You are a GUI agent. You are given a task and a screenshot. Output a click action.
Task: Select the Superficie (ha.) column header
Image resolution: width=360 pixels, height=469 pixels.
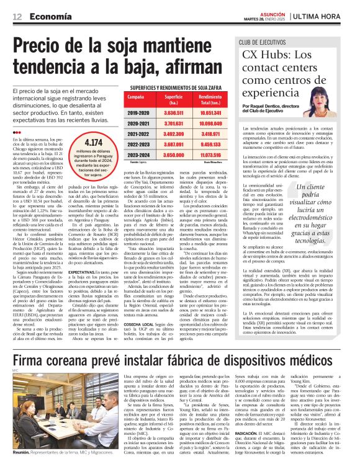(x=173, y=100)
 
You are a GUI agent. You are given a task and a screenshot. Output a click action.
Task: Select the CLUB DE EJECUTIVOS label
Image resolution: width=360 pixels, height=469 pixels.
(x=261, y=42)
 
